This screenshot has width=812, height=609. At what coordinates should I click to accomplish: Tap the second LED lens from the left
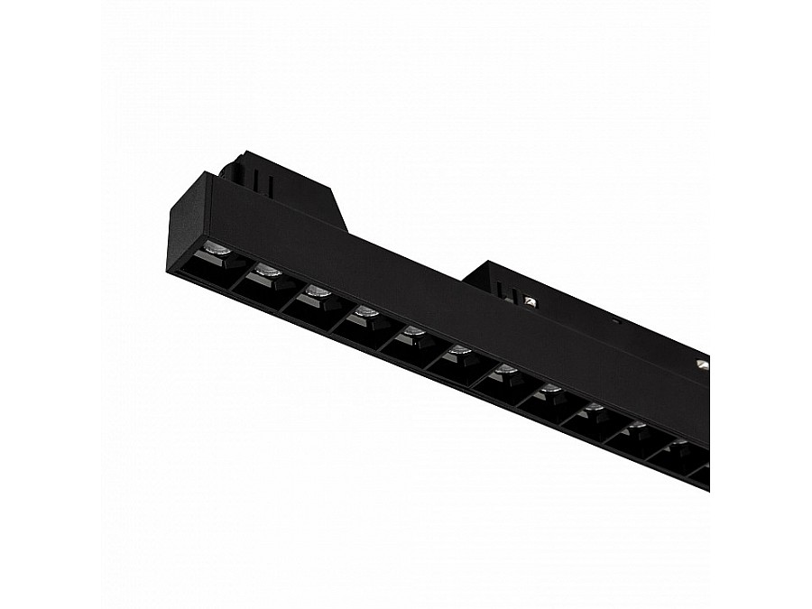(266, 269)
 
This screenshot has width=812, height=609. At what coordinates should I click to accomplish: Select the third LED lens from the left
(316, 291)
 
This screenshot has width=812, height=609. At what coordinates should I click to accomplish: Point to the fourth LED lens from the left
(365, 312)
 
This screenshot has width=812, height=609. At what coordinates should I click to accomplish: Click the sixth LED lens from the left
(459, 350)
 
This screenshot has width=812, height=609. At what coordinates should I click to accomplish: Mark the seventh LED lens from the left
(505, 369)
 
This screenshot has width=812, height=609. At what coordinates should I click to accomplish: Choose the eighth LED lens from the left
(550, 389)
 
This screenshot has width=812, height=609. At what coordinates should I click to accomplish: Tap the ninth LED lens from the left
(594, 408)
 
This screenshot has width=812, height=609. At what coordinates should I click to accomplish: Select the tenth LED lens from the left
(637, 425)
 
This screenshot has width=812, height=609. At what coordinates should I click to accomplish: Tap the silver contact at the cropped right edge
(702, 364)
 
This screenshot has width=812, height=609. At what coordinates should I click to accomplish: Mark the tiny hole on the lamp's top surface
(616, 320)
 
